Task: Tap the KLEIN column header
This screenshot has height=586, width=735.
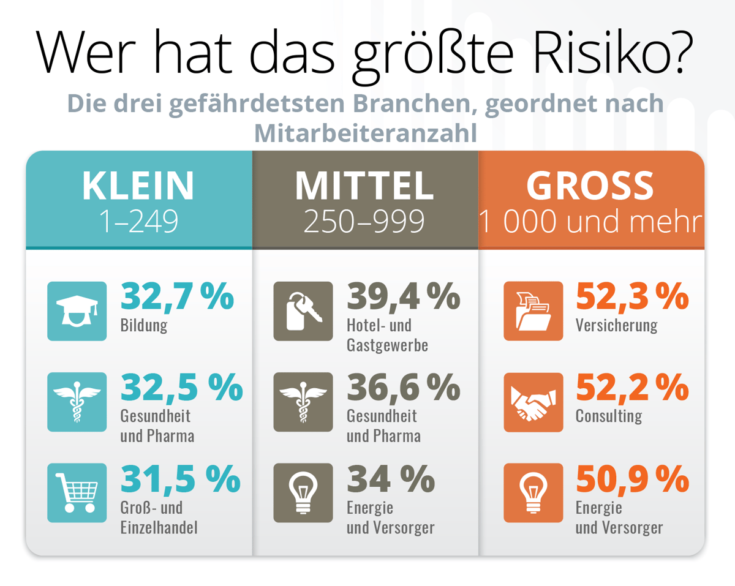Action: click(138, 186)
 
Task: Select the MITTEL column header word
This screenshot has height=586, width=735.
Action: click(364, 186)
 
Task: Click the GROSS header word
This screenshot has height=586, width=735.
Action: click(590, 186)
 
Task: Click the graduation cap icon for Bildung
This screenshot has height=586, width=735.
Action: click(77, 311)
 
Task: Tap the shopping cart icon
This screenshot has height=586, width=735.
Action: click(77, 492)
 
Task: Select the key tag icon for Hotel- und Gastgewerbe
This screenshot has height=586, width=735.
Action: click(303, 311)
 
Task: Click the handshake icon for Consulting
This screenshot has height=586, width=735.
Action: click(533, 402)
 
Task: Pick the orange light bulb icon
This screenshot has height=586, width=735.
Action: click(533, 492)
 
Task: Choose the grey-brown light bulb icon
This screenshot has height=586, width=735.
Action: click(303, 492)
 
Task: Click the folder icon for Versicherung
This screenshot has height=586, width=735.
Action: click(533, 311)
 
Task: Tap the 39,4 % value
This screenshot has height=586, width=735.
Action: click(404, 296)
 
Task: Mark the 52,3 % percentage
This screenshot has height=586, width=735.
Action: click(632, 296)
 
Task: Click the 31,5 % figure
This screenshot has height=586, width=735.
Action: click(180, 479)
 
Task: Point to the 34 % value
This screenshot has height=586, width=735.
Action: click(391, 479)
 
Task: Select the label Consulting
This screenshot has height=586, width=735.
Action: click(608, 416)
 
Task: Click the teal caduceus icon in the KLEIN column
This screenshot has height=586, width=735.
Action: click(77, 402)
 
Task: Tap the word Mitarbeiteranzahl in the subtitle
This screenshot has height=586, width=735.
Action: click(366, 133)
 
